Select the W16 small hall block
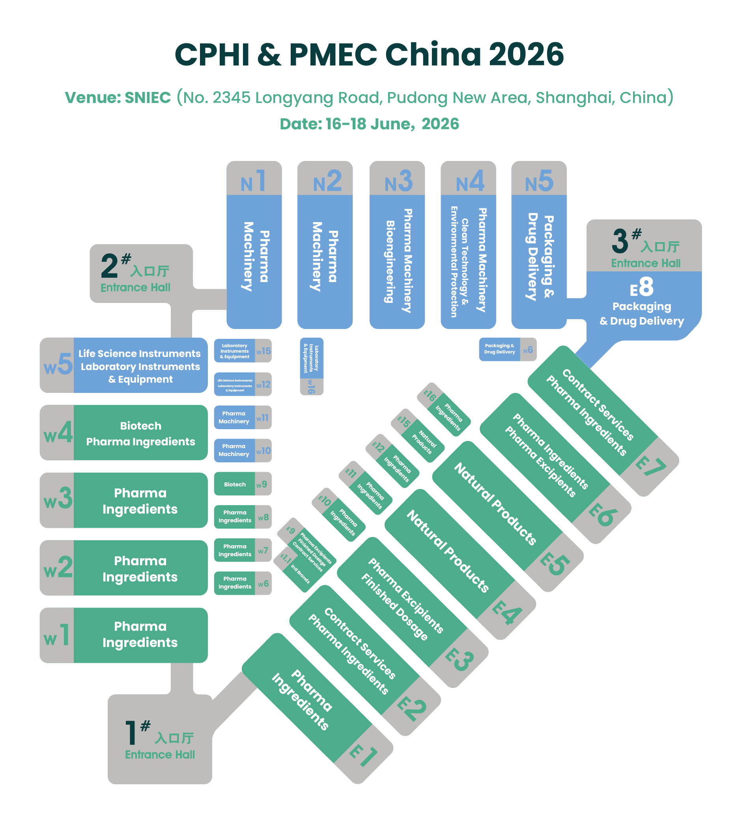(311, 366)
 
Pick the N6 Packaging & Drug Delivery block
(507, 349)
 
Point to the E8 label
(641, 288)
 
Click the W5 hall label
(58, 365)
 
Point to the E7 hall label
(650, 466)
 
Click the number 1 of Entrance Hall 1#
(131, 733)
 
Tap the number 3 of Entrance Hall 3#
(620, 241)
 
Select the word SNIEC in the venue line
(148, 98)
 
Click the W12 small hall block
(242, 385)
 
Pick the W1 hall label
(57, 635)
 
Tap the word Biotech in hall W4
(140, 426)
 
